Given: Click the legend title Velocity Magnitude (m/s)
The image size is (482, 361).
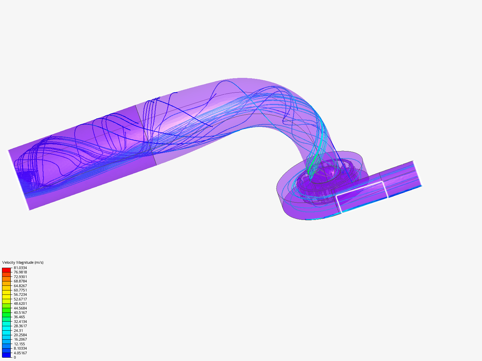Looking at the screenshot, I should (x=23, y=262).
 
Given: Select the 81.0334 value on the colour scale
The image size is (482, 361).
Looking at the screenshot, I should (x=20, y=268).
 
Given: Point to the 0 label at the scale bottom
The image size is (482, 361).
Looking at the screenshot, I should (x=15, y=357).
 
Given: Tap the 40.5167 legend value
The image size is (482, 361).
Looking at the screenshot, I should (x=20, y=313).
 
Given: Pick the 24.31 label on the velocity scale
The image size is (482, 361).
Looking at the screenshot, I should (x=18, y=331).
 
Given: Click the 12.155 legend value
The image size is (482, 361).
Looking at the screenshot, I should (x=19, y=344).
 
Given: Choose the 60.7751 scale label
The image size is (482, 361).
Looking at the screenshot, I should (x=20, y=290).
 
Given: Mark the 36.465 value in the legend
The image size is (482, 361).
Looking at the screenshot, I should (x=19, y=317).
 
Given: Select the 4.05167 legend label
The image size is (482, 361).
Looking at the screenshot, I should (x=20, y=353).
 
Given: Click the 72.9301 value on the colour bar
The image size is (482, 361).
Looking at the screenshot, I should (x=20, y=277).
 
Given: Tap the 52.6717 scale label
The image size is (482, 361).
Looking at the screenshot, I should (x=20, y=299).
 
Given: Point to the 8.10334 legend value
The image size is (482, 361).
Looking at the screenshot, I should (x=20, y=348).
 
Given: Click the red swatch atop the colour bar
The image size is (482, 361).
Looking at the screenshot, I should (x=6, y=270).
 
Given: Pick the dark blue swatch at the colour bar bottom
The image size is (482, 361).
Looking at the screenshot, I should (x=6, y=355).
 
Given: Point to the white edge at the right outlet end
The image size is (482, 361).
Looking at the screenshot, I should (x=417, y=173).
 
